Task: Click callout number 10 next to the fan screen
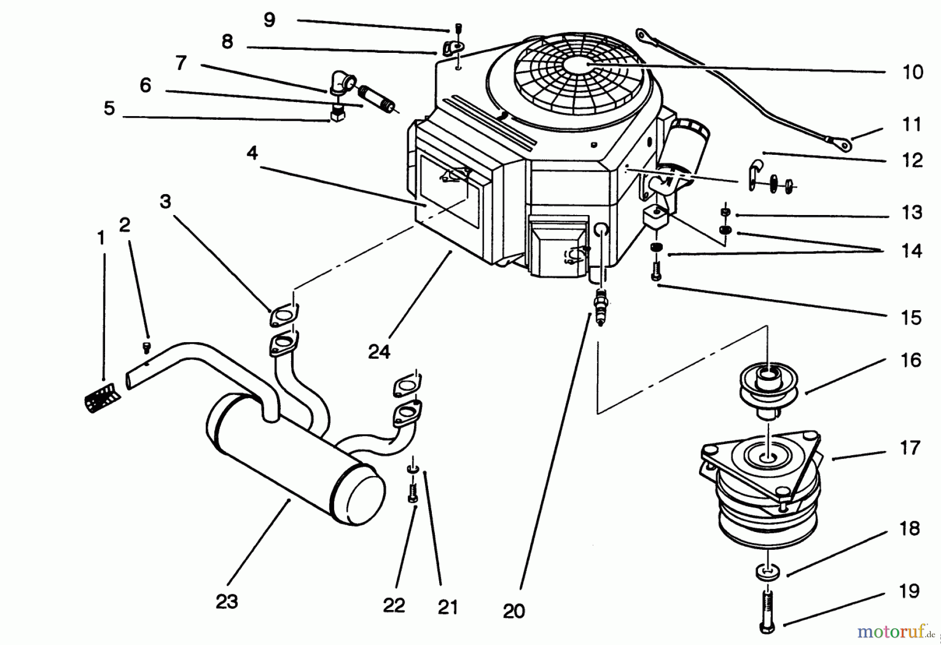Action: pyautogui.click(x=913, y=72)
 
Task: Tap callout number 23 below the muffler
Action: pyautogui.click(x=227, y=602)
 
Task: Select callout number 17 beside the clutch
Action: pyautogui.click(x=910, y=448)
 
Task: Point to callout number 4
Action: pyautogui.click(x=253, y=153)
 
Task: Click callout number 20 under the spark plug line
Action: pyautogui.click(x=513, y=610)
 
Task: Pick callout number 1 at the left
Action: pyautogui.click(x=101, y=239)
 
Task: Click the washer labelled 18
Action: pyautogui.click(x=767, y=571)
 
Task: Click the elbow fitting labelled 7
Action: pyautogui.click(x=341, y=83)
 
